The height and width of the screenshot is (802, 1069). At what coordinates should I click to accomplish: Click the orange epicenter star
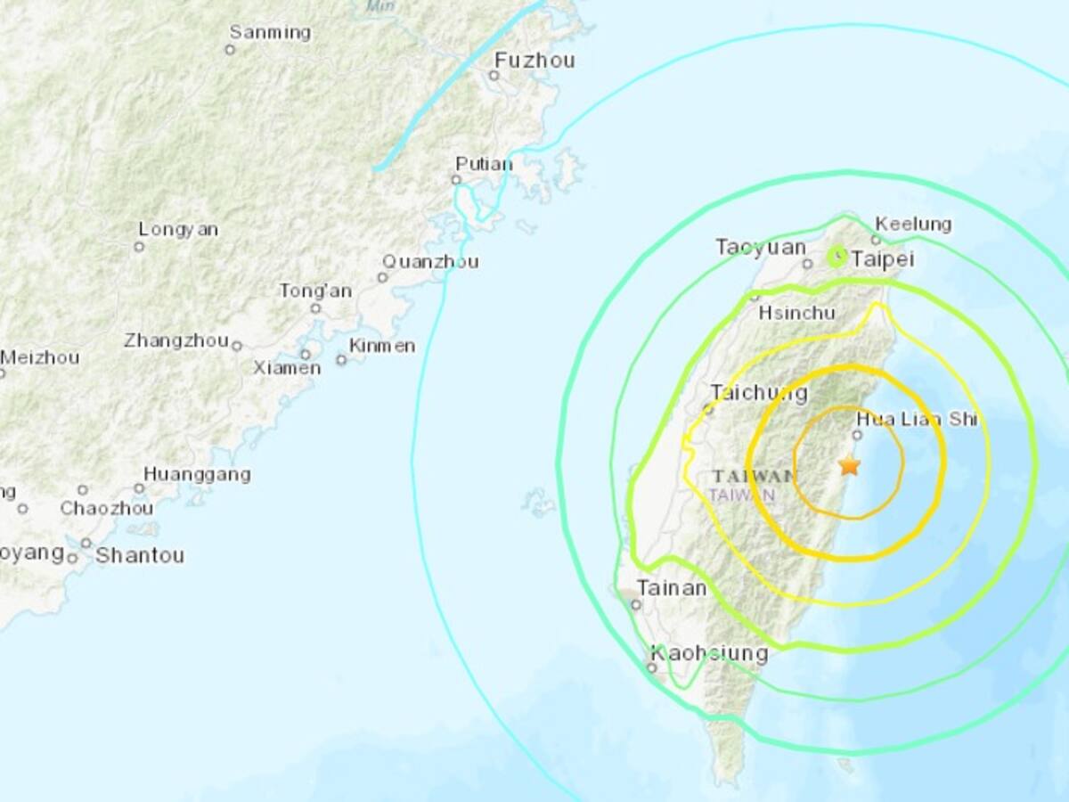(x=850, y=465)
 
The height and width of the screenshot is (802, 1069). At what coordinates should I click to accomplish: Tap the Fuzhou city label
(x=534, y=61)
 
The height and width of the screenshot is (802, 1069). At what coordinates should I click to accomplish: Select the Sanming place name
(x=270, y=33)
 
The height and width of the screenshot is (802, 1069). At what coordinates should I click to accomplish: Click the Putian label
(x=484, y=164)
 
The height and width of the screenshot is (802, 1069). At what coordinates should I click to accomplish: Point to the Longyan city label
(x=178, y=229)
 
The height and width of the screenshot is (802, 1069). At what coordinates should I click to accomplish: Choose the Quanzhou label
(x=430, y=261)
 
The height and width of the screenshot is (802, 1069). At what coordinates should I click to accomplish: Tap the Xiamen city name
(x=287, y=367)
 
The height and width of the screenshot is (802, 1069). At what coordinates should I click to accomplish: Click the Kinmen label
(x=382, y=346)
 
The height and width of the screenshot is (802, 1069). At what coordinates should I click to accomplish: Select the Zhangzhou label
(x=176, y=340)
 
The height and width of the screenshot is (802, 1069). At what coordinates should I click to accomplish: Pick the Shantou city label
(x=140, y=556)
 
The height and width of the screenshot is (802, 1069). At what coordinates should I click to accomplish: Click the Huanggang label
(x=197, y=475)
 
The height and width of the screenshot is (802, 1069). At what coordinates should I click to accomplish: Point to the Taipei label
(x=884, y=258)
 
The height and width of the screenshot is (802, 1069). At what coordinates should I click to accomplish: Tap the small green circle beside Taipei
(x=836, y=258)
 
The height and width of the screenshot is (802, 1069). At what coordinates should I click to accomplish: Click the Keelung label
(x=913, y=224)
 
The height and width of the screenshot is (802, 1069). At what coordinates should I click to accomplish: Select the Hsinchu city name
(x=796, y=313)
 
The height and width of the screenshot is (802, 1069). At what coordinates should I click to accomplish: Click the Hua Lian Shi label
(x=917, y=419)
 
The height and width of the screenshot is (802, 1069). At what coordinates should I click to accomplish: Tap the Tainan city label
(x=672, y=588)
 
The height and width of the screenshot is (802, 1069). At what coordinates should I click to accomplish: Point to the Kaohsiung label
(x=709, y=653)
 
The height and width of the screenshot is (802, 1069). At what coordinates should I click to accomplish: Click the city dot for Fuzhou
(x=493, y=76)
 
